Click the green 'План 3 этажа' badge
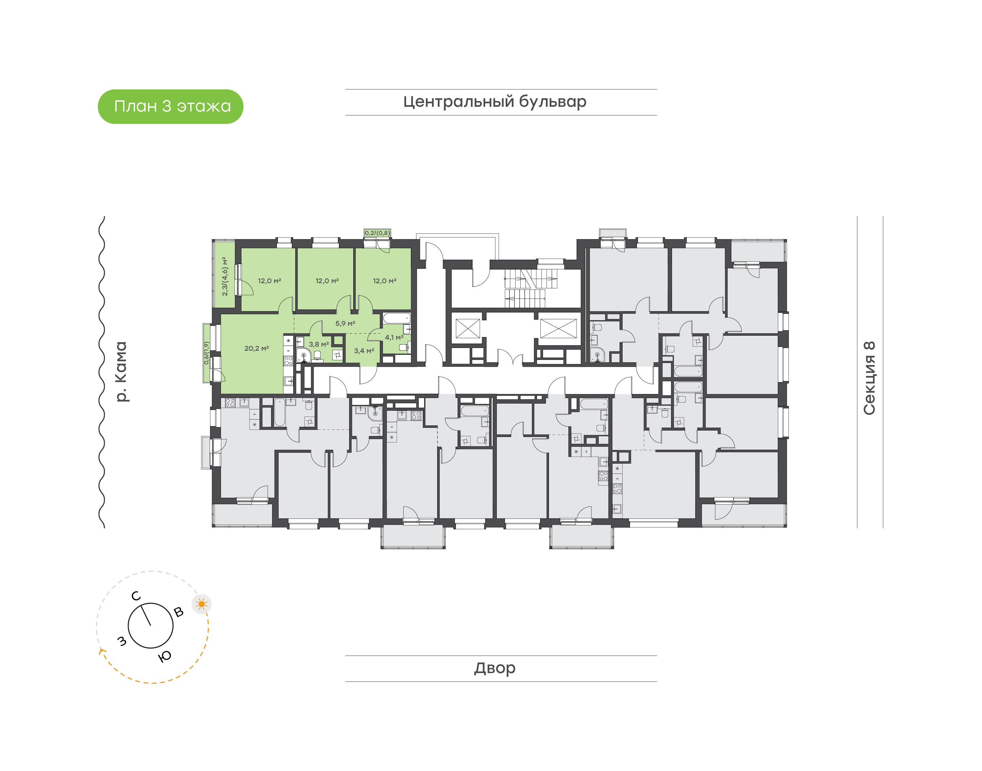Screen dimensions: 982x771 pos(170,106)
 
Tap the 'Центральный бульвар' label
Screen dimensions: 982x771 pos(495,102)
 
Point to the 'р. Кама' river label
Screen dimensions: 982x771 pos(121,372)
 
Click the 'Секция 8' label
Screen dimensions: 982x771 pos(869,378)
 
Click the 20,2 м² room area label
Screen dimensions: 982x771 pos(257,348)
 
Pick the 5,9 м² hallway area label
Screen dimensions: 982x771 pos(345,324)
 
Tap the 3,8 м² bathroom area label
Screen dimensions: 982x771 pos(318,345)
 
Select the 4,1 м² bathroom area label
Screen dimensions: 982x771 pos(394,338)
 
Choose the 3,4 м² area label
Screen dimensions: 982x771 pos(364,351)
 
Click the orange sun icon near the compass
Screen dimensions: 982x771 pos(202,604)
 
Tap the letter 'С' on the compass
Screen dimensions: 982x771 pos(136,596)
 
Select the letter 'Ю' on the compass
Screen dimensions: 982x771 pos(165,656)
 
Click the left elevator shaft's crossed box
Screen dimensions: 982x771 pos(468,328)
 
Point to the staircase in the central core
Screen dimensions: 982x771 pos(531,288)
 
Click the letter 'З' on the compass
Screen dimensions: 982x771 pos(122,641)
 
